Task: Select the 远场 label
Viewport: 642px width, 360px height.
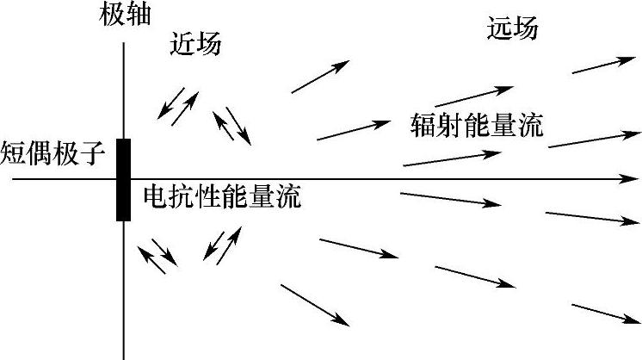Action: pos(512,28)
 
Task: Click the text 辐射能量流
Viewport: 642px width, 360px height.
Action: pos(478,127)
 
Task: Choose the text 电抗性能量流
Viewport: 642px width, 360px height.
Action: pos(222,196)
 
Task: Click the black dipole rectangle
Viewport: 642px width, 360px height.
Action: pos(124,179)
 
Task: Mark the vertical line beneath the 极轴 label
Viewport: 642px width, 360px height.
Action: pos(125,86)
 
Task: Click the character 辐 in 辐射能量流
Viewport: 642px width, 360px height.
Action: pos(423,127)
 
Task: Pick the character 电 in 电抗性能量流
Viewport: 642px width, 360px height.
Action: pos(155,196)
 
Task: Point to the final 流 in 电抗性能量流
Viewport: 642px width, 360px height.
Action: pos(290,196)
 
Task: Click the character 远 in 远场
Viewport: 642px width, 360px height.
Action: pos(499,28)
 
